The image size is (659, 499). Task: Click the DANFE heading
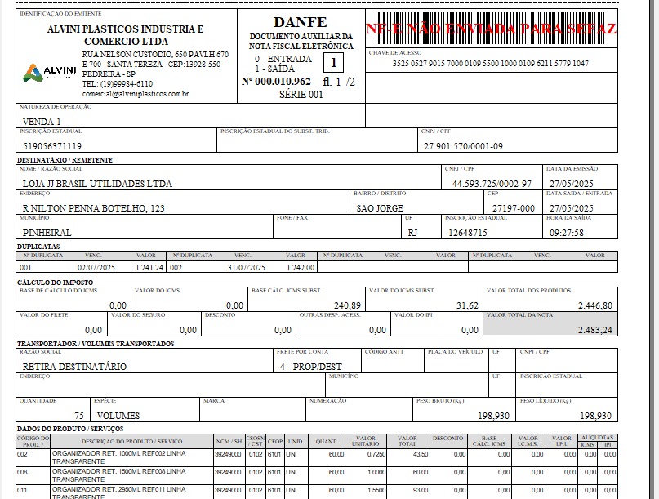(301, 21)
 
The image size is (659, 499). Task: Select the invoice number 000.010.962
(276, 82)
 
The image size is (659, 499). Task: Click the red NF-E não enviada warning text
(491, 28)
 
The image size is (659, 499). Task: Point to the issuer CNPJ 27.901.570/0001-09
(463, 146)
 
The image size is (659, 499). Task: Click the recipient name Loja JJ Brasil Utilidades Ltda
(97, 183)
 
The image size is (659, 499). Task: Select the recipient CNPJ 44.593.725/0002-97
(492, 183)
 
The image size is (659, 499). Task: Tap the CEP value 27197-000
(513, 208)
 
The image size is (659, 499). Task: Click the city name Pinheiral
(47, 232)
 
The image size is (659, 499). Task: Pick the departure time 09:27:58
(567, 232)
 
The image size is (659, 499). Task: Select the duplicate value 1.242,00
(301, 267)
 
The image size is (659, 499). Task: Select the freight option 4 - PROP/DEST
(310, 367)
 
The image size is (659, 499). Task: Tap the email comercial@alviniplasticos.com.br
(136, 94)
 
